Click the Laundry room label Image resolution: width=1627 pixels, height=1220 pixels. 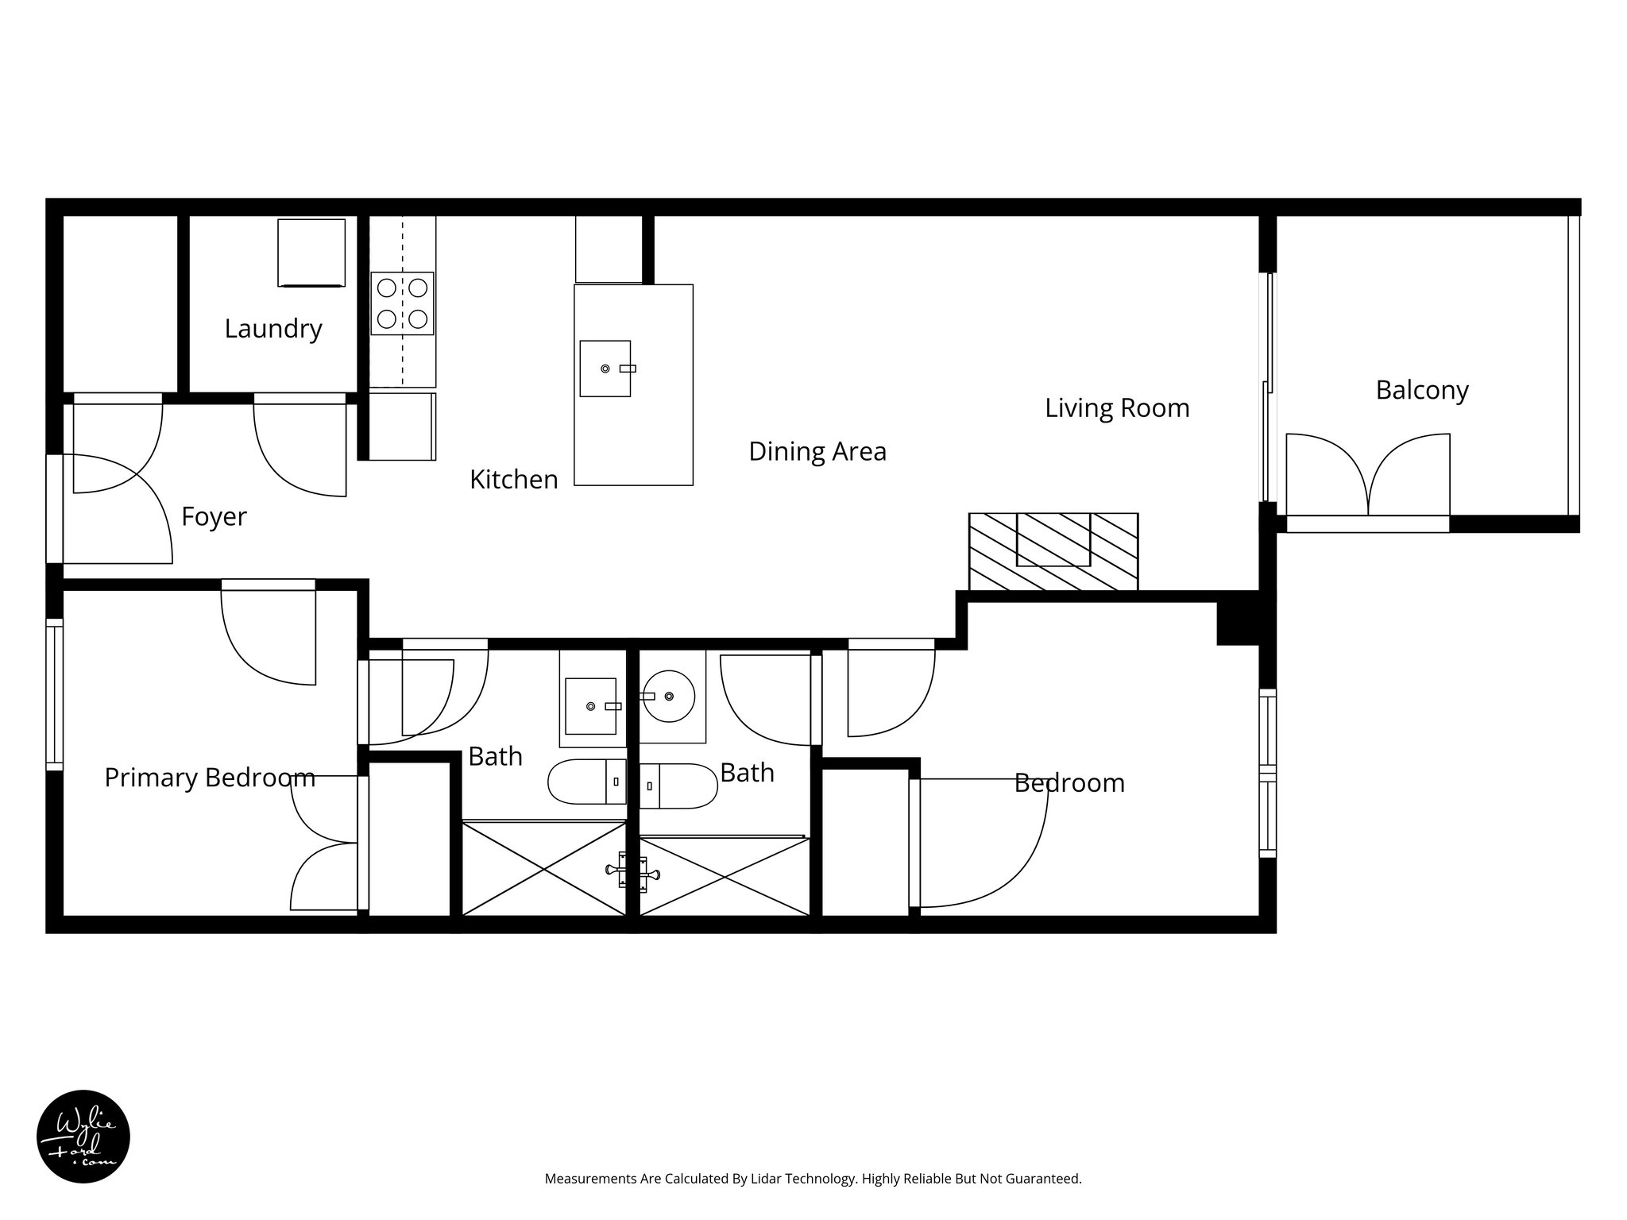(273, 329)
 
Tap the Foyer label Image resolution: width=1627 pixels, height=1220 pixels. (214, 517)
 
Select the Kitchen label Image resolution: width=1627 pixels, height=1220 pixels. (513, 480)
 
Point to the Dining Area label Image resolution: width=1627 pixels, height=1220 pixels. (817, 452)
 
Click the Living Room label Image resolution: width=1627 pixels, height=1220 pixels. (1116, 408)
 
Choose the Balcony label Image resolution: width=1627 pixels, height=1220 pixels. (1421, 391)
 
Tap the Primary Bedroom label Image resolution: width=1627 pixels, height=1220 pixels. (210, 778)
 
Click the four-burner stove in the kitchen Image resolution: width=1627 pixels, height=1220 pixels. (402, 303)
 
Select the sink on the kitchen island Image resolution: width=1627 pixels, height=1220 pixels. (605, 369)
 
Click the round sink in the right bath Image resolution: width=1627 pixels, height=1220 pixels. (669, 696)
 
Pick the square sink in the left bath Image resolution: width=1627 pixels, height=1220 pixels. (590, 705)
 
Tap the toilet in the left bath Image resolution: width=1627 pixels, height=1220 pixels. (586, 782)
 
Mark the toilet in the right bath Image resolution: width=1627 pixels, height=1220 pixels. (678, 786)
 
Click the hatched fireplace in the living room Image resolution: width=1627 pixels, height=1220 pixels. (1053, 551)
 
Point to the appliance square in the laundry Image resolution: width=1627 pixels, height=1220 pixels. (311, 253)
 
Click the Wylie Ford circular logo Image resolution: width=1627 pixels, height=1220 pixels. (83, 1137)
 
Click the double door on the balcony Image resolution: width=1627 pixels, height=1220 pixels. (1368, 475)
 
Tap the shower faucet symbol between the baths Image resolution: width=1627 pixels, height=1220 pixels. (632, 871)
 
